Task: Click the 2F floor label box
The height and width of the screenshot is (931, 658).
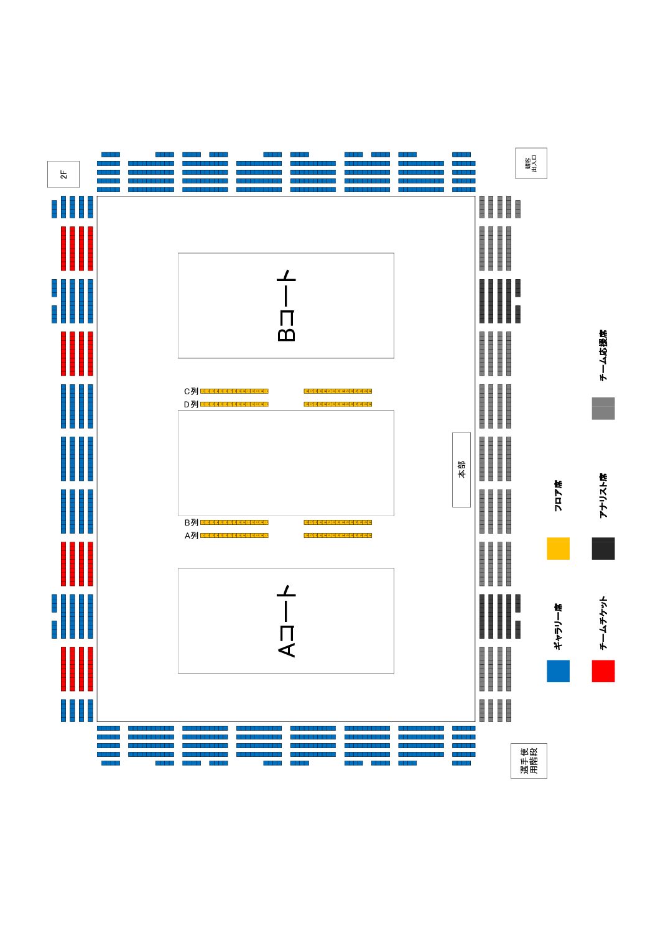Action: [63, 174]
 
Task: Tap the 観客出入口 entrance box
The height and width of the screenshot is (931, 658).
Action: [531, 163]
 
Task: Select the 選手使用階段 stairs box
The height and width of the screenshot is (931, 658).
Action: [529, 761]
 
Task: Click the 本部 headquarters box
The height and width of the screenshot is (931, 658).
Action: [461, 470]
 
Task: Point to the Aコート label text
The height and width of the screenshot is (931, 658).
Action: [286, 621]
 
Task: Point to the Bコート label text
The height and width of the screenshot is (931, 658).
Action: [286, 305]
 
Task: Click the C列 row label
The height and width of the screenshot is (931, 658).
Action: [191, 391]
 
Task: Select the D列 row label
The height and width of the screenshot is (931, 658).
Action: [191, 404]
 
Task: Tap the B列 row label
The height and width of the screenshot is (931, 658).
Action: [191, 522]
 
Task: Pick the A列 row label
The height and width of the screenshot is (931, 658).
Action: [191, 535]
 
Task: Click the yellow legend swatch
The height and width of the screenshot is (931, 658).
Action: [558, 549]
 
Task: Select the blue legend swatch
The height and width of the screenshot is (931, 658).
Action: [558, 671]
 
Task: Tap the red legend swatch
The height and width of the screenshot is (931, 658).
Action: [603, 671]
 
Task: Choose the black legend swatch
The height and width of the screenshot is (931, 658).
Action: [603, 549]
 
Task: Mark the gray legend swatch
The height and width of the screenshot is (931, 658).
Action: [603, 409]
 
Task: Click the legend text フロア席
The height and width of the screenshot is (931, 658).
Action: [558, 496]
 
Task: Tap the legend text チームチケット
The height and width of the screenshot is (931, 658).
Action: [603, 623]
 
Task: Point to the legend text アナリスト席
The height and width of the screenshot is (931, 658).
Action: [603, 496]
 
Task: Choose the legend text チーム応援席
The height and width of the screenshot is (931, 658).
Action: [603, 355]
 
